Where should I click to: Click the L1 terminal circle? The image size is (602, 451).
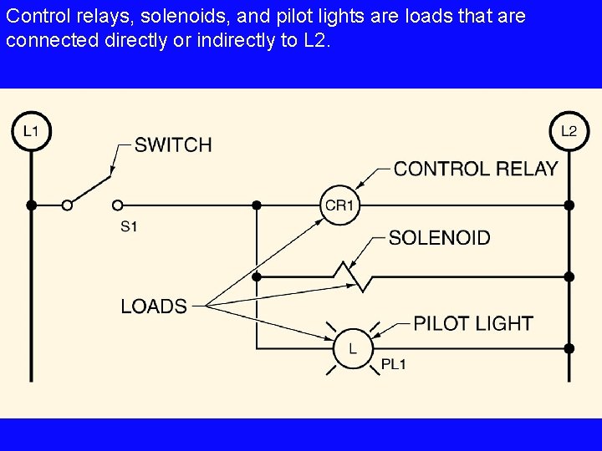pyautogui.click(x=31, y=131)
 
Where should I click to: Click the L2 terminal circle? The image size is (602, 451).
pyautogui.click(x=569, y=131)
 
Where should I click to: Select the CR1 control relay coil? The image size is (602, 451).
pyautogui.click(x=339, y=205)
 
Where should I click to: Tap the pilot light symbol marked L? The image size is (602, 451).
pyautogui.click(x=352, y=348)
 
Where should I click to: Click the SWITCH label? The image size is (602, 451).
pyautogui.click(x=173, y=145)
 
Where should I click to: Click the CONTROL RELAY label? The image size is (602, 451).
pyautogui.click(x=475, y=169)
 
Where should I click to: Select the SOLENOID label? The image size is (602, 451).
pyautogui.click(x=440, y=238)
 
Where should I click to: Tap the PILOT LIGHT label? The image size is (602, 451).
pyautogui.click(x=473, y=323)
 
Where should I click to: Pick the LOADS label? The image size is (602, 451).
pyautogui.click(x=154, y=306)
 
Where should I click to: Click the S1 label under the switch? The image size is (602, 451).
pyautogui.click(x=129, y=225)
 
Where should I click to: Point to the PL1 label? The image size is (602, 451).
pyautogui.click(x=393, y=364)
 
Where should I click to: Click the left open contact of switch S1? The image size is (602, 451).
pyautogui.click(x=67, y=205)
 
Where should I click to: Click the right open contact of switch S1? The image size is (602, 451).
pyautogui.click(x=117, y=205)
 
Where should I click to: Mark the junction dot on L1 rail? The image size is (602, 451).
pyautogui.click(x=31, y=205)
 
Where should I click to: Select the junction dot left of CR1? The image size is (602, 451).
pyautogui.click(x=257, y=205)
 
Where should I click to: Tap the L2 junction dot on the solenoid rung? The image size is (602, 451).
pyautogui.click(x=569, y=276)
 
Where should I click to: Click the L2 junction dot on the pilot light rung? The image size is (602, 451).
pyautogui.click(x=569, y=348)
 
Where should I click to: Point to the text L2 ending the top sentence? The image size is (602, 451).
pyautogui.click(x=314, y=40)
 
